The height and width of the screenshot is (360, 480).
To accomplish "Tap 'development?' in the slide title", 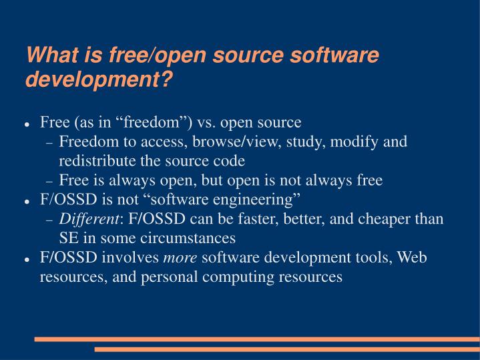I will (99, 80).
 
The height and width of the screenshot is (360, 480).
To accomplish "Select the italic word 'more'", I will (180, 258).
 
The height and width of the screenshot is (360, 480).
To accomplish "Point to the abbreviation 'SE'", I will (67, 238).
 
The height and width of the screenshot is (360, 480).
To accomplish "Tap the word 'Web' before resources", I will (412, 258).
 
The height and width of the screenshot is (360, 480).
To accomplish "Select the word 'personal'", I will (164, 277).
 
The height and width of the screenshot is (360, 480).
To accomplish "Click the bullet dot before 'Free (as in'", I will (27, 125).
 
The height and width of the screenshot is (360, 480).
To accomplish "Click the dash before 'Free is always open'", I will (49, 182).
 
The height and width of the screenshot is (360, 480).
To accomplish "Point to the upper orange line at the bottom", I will (257, 339).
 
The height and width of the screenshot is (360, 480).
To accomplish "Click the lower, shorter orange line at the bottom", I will (287, 349).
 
